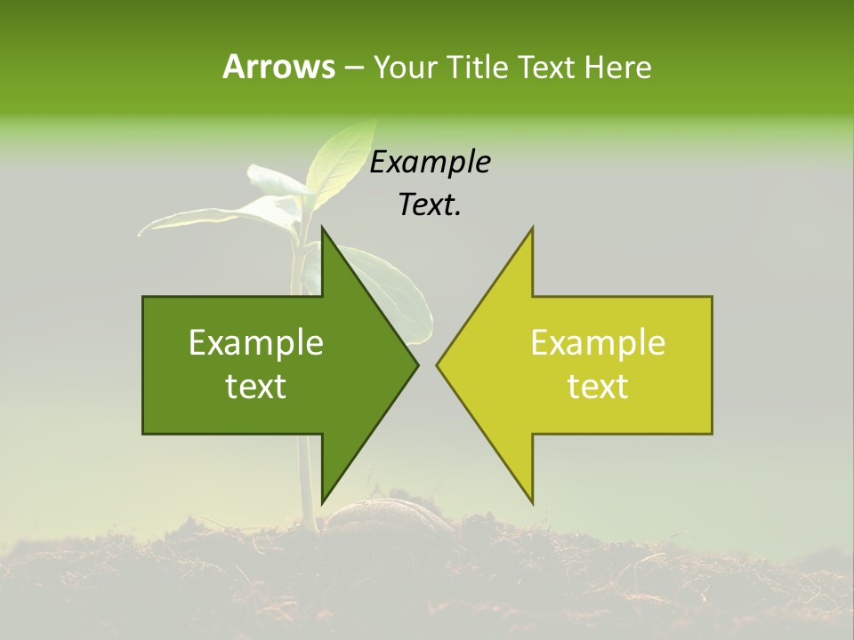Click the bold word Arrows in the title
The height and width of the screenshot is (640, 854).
pyautogui.click(x=278, y=67)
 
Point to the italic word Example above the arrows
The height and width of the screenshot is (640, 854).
pyautogui.click(x=431, y=163)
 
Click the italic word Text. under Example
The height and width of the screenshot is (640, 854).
pyautogui.click(x=431, y=205)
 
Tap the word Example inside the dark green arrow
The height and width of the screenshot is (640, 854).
pyautogui.click(x=256, y=343)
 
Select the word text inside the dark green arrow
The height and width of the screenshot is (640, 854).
pyautogui.click(x=256, y=387)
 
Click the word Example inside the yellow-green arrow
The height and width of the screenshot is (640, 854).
pyautogui.click(x=598, y=343)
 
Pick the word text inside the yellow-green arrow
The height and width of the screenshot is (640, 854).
pyautogui.click(x=598, y=387)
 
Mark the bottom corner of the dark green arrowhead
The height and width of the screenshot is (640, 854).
pyautogui.click(x=322, y=501)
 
